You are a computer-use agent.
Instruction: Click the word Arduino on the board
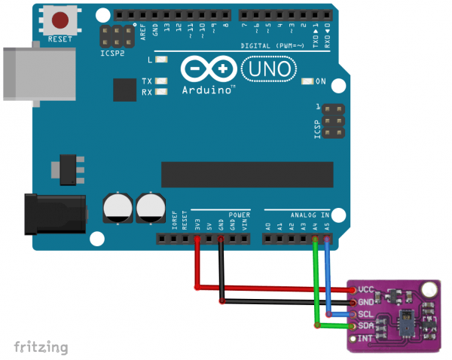coord(206,89)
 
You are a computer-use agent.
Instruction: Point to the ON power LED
coord(307,81)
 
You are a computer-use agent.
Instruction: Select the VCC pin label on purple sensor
coord(366,289)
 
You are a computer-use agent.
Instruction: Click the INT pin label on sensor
coord(366,338)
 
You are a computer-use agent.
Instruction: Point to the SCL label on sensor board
coord(366,313)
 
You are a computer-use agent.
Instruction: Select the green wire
coord(316,286)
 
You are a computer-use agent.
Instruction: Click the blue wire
coord(328,279)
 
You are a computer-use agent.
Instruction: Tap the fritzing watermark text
coord(41,346)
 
